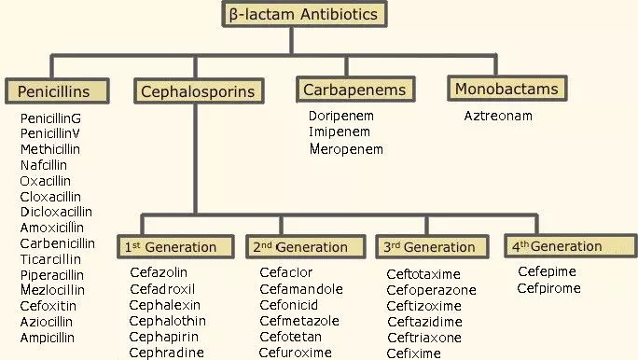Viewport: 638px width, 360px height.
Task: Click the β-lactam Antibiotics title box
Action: (x=304, y=14)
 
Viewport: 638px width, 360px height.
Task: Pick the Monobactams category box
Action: (x=507, y=89)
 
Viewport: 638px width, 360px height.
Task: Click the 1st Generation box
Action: (x=177, y=247)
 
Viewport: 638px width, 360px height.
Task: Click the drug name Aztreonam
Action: (x=498, y=116)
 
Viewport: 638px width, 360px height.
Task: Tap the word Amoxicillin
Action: (x=52, y=228)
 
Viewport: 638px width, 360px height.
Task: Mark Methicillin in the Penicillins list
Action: (x=50, y=149)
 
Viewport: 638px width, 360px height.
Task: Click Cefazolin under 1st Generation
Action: (x=159, y=272)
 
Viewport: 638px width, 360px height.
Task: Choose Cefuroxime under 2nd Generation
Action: (x=296, y=353)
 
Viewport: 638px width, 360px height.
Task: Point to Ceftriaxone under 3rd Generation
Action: (x=424, y=338)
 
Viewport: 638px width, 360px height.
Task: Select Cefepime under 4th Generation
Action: (x=547, y=271)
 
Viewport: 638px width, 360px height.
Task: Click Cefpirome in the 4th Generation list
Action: (x=549, y=288)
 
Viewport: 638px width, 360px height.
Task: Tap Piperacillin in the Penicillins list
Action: (x=52, y=275)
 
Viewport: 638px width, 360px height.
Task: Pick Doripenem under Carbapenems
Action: (x=341, y=116)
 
